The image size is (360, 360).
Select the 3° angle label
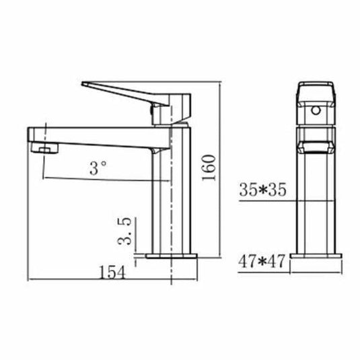99,168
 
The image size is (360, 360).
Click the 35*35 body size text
262,191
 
